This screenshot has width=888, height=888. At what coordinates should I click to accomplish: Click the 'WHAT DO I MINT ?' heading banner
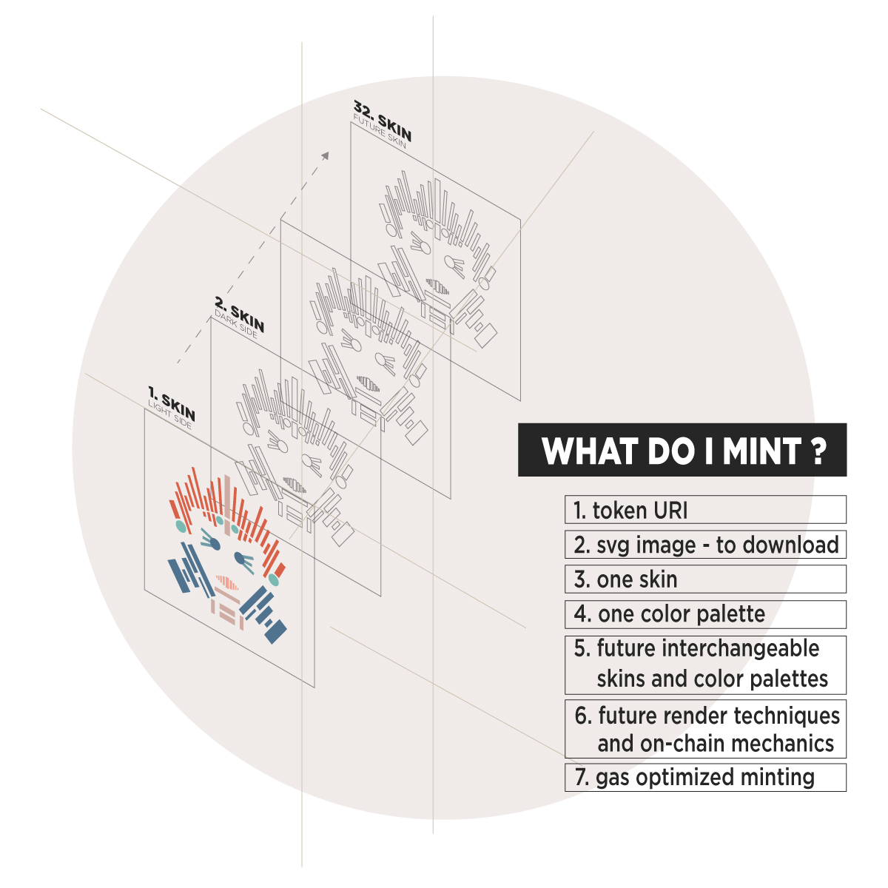pyautogui.click(x=682, y=450)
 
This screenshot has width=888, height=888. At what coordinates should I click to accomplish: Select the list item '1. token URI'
pyautogui.click(x=704, y=510)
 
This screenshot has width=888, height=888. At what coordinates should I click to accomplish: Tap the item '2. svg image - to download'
pyautogui.click(x=704, y=545)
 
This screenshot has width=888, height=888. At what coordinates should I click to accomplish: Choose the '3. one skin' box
pyautogui.click(x=704, y=579)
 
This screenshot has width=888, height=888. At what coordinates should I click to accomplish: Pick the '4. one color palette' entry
pyautogui.click(x=704, y=614)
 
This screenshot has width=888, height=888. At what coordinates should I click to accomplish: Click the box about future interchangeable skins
pyautogui.click(x=704, y=664)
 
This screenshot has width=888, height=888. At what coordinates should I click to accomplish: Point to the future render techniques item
pyautogui.click(x=704, y=729)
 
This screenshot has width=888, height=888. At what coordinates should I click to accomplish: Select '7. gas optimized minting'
pyautogui.click(x=704, y=778)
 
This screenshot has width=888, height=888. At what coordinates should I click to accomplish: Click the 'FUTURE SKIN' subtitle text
pyautogui.click(x=379, y=134)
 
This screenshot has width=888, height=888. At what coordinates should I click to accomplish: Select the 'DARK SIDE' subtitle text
pyautogui.click(x=236, y=324)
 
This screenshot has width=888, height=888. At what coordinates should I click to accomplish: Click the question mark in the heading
pyautogui.click(x=818, y=450)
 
